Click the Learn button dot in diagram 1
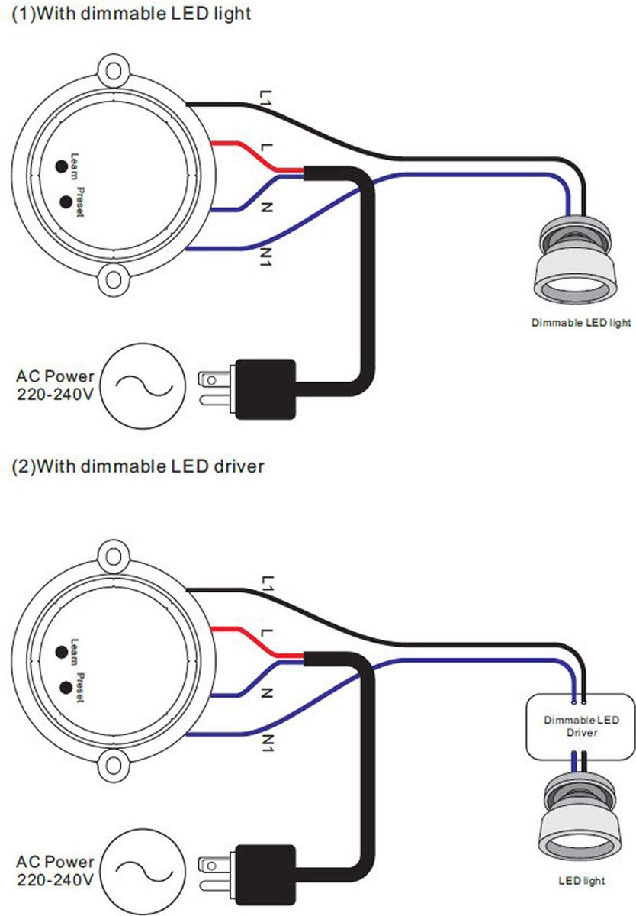click(62, 166)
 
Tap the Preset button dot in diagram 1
click(66, 202)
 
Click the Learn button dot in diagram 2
click(62, 652)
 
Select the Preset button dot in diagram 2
click(66, 688)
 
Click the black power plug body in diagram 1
click(265, 389)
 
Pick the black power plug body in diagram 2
click(265, 875)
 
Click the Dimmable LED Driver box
click(580, 727)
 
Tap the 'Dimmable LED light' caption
click(581, 323)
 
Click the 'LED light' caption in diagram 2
click(582, 880)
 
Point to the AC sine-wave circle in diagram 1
click(143, 385)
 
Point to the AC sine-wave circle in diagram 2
click(143, 872)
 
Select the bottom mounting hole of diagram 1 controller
click(113, 279)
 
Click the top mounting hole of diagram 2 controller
click(113, 556)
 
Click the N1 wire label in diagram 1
click(266, 257)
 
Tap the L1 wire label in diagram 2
click(266, 583)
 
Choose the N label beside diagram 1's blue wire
click(266, 208)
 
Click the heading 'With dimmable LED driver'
click(150, 466)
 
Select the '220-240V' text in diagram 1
click(55, 395)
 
